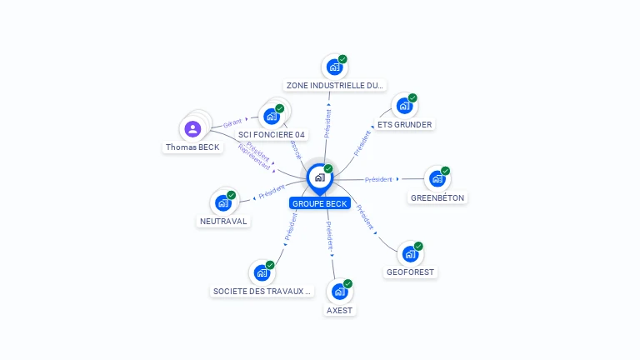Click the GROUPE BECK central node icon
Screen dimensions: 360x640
click(319, 177)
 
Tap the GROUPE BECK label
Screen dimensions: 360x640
click(319, 203)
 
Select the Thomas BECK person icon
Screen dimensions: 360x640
click(192, 129)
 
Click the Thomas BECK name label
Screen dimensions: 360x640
click(192, 147)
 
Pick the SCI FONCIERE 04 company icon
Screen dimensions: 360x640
click(272, 117)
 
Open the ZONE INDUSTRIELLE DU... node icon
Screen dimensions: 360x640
click(334, 67)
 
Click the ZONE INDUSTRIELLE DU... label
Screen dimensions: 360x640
click(335, 85)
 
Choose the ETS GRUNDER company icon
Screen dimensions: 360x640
click(404, 107)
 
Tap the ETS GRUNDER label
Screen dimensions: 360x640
click(404, 125)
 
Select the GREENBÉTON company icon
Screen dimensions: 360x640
click(437, 179)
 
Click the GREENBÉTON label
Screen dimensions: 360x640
click(437, 197)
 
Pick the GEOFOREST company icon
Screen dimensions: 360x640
click(410, 254)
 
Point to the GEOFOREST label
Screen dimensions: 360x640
click(411, 272)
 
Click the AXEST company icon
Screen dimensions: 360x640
click(339, 292)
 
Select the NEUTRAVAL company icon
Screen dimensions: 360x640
click(222, 202)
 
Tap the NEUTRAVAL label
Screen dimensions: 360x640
click(223, 222)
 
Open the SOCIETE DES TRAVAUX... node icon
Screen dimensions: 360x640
click(262, 272)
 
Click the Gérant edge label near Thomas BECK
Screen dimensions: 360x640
click(232, 123)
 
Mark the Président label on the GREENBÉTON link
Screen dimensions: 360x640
click(378, 179)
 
